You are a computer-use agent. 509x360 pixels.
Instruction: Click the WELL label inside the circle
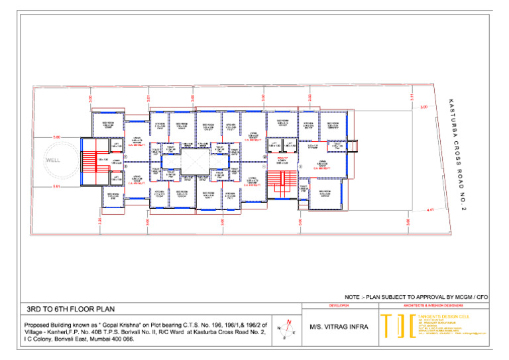click(x=54, y=160)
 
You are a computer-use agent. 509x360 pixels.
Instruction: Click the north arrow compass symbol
click(x=284, y=328)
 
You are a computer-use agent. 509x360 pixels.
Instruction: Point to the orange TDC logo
click(x=396, y=327)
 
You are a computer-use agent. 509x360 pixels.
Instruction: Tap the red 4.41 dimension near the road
click(x=430, y=210)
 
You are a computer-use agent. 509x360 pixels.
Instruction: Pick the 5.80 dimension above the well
click(x=56, y=137)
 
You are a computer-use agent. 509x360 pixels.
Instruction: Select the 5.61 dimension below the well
click(x=56, y=187)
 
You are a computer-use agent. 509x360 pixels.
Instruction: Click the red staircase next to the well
click(x=88, y=160)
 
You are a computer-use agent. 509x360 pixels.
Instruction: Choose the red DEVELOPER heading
click(x=339, y=306)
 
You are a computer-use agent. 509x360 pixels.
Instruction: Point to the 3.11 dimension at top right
click(x=412, y=96)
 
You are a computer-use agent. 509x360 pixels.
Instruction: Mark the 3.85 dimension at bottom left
click(x=100, y=220)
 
